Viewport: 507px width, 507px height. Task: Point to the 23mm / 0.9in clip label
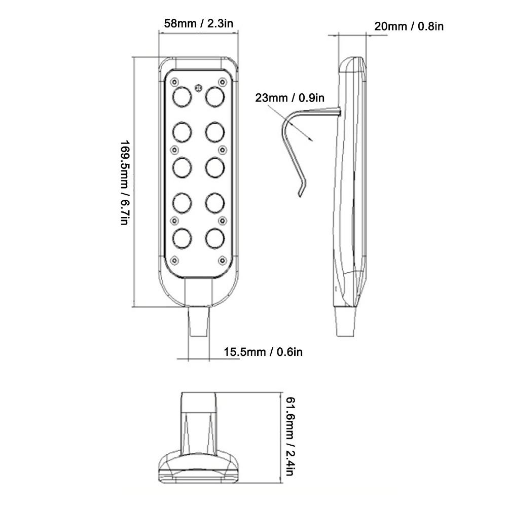tap(289, 98)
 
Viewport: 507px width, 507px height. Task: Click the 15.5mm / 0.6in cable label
tap(263, 351)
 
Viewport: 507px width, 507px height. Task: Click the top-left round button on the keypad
tap(182, 96)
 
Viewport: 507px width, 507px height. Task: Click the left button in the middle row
tap(182, 166)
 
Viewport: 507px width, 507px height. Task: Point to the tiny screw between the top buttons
tap(198, 86)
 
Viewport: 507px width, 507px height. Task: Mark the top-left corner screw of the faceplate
tap(174, 82)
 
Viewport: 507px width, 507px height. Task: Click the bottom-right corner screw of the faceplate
tap(222, 260)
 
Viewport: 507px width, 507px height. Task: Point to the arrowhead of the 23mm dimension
tap(311, 138)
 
